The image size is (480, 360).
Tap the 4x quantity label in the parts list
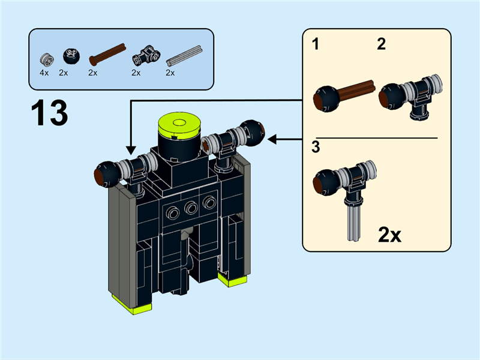pos(44,73)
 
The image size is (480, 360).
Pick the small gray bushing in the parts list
pos(46,58)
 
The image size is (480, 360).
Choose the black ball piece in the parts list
pos(71,57)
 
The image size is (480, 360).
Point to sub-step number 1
pos(315,44)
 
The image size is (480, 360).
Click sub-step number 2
pos(382,44)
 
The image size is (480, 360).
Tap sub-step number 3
pos(315,146)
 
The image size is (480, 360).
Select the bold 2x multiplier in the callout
pos(389,235)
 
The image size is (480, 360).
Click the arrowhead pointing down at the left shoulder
pos(130,151)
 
